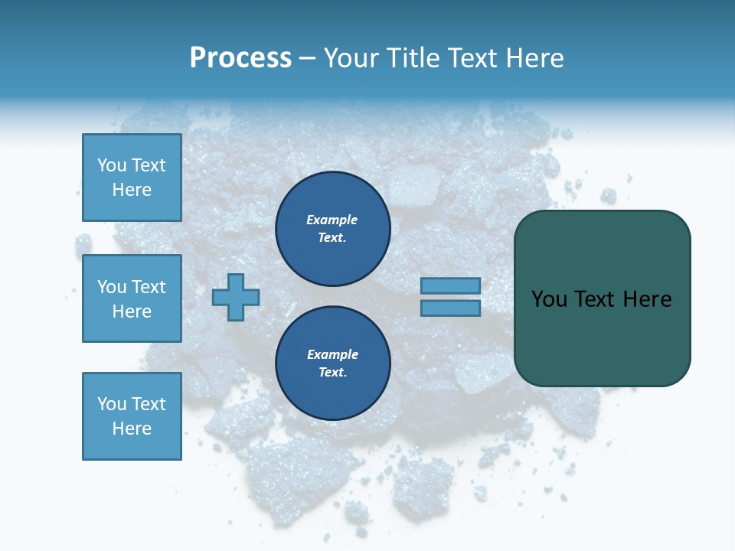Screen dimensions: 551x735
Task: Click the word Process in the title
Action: pyautogui.click(x=240, y=58)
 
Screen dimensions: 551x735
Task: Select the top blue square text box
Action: pyautogui.click(x=132, y=178)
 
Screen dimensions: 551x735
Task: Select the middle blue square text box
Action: pyautogui.click(x=132, y=298)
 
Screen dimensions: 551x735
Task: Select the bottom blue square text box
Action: pyautogui.click(x=132, y=416)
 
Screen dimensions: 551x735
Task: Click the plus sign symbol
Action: pyautogui.click(x=236, y=297)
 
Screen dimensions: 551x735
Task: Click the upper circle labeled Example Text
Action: pyautogui.click(x=333, y=229)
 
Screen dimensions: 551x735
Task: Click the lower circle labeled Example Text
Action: pyautogui.click(x=333, y=364)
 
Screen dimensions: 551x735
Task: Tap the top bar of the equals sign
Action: pyautogui.click(x=450, y=285)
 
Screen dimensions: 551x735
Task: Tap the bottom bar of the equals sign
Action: pyautogui.click(x=450, y=308)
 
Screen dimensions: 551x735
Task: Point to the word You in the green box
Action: pyautogui.click(x=550, y=299)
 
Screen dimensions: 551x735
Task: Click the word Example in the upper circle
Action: pyautogui.click(x=332, y=220)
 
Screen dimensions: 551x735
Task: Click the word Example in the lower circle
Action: pyautogui.click(x=332, y=354)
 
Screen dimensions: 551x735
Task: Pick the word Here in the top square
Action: pyautogui.click(x=132, y=190)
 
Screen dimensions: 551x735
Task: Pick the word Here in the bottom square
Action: pyautogui.click(x=132, y=429)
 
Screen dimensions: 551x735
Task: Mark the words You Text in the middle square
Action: pyautogui.click(x=132, y=287)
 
